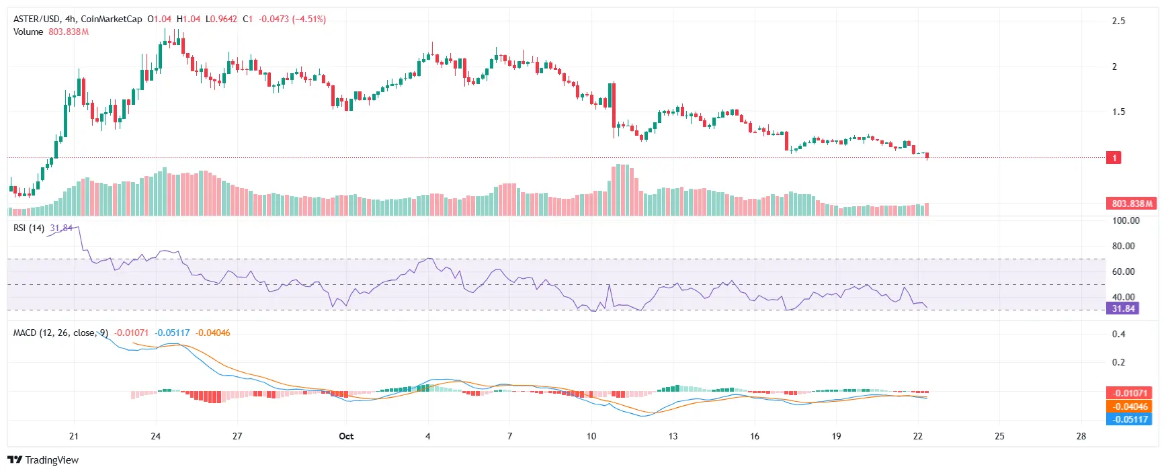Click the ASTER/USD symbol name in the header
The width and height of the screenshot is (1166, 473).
[x=36, y=19]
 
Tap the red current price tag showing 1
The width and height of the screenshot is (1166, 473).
[x=1114, y=158]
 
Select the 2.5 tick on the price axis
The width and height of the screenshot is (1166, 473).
[x=1118, y=21]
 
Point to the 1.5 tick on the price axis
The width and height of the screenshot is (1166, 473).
[x=1118, y=112]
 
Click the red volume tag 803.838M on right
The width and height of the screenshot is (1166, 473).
[x=1131, y=204]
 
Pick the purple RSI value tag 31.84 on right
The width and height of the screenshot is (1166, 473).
[x=1123, y=308]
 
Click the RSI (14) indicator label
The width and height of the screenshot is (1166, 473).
[x=29, y=228]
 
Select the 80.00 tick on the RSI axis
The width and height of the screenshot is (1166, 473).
[x=1123, y=246]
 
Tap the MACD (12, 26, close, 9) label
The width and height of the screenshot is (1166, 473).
[x=60, y=333]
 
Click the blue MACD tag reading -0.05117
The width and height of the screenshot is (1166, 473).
[x=1129, y=419]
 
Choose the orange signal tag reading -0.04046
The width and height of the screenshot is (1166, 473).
[x=1129, y=406]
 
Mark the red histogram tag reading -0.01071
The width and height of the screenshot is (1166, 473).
[x=1129, y=393]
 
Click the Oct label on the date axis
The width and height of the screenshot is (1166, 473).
[x=346, y=436]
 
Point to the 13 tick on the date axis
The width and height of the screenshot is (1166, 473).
[x=673, y=436]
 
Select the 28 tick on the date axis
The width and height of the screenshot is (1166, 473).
[x=1081, y=436]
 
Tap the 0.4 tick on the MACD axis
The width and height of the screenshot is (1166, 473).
[x=1118, y=334]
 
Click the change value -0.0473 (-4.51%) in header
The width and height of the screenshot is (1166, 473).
[x=292, y=19]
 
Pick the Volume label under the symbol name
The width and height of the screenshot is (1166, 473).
[x=28, y=32]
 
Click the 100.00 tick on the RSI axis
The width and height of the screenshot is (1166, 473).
[x=1125, y=220]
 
